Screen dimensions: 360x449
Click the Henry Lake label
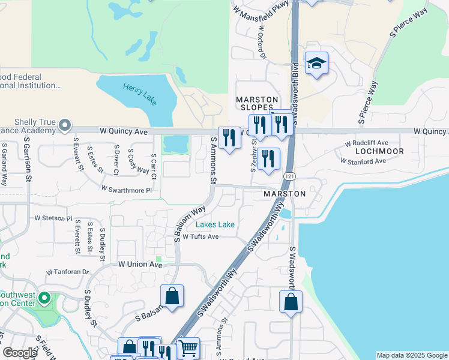[x=140, y=94]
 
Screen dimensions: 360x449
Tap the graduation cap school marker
[x=316, y=63]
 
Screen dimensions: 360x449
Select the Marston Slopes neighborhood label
[x=257, y=103]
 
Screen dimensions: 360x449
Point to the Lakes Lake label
[x=215, y=225]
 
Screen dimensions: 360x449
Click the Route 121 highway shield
[x=290, y=175]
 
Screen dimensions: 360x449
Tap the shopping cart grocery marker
[x=188, y=347]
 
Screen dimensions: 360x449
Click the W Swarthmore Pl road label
[x=127, y=188]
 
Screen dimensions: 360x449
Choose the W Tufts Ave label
[x=200, y=236]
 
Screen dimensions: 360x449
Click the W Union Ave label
[x=140, y=264]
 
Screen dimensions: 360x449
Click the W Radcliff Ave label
[x=366, y=144]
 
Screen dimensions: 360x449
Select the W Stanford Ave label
[x=363, y=161]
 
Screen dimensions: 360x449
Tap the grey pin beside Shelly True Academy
[x=65, y=125]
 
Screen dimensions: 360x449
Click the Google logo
[x=20, y=353]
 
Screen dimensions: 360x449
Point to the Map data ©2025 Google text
[x=411, y=355]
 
